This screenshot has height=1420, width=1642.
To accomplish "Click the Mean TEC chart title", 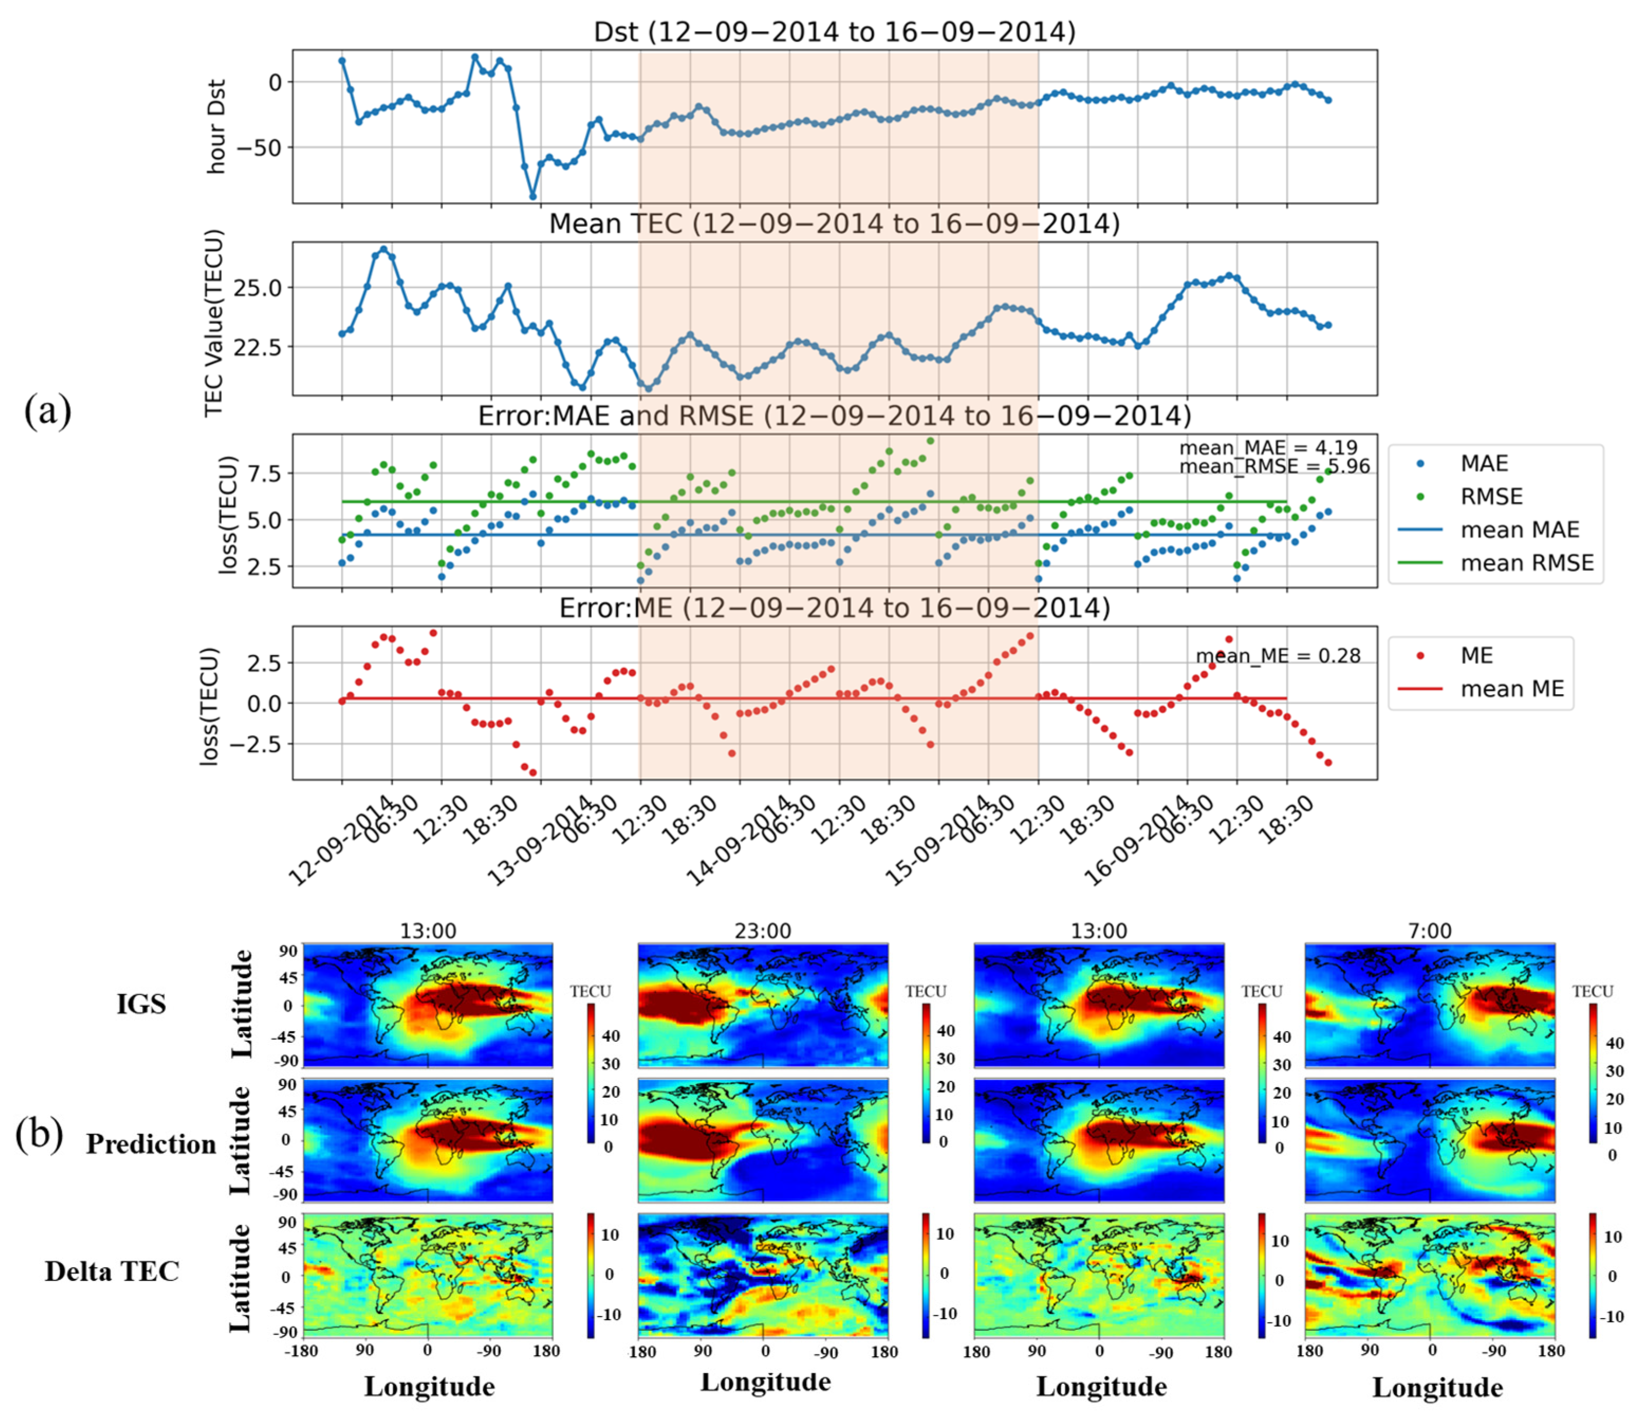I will (x=834, y=224).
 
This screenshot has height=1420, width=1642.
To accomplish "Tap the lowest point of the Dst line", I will (x=533, y=197).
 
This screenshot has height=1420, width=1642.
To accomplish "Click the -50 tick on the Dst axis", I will (x=266, y=147).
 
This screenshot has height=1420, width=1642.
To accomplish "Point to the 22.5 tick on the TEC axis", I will (x=258, y=347).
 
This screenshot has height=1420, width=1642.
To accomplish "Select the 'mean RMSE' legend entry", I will (x=1526, y=563).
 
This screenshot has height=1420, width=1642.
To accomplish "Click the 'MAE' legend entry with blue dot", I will (x=1483, y=464).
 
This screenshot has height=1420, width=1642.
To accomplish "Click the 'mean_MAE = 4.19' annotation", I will (x=1268, y=448).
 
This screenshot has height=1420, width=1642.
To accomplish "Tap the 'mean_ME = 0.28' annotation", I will (x=1277, y=656).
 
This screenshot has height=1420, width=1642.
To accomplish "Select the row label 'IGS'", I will (x=141, y=1005).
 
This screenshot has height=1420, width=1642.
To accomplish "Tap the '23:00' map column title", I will (x=762, y=931).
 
